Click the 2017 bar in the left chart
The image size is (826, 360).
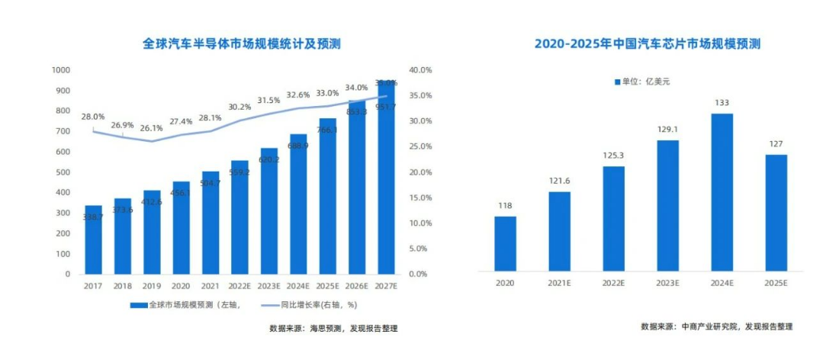93,239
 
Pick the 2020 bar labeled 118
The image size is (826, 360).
504,243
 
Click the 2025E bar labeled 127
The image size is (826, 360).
776,213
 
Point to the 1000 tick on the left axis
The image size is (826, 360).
60,70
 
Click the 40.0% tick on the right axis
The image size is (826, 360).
421,70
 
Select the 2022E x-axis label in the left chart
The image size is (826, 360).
239,286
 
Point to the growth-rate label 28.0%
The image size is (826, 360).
93,117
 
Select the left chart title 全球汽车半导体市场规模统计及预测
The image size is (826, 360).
242,44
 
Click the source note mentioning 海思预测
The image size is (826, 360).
333,329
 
